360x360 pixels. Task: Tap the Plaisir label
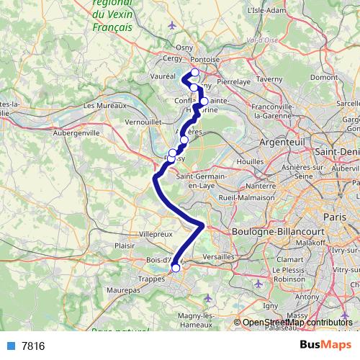127,245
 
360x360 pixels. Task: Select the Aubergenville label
73,133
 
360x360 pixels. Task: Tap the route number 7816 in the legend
33,346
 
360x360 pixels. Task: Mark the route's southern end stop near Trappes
176,268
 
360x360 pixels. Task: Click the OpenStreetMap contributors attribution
297,323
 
